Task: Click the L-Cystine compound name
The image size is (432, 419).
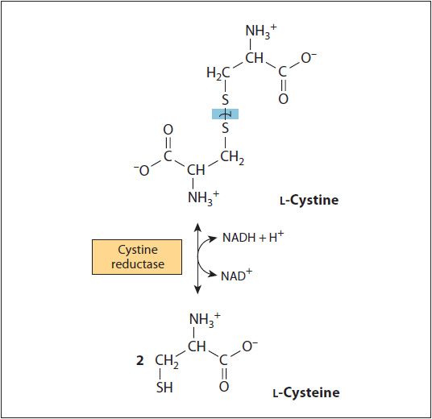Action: (309, 200)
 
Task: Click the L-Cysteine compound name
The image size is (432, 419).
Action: (306, 392)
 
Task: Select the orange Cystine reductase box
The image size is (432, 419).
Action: (137, 257)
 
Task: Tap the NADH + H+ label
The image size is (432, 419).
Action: (253, 237)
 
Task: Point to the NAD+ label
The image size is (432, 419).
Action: (236, 276)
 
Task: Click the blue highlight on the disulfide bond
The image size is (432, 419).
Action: (225, 114)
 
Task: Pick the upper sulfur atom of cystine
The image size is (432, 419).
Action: (226, 100)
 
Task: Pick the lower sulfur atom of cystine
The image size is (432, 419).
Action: (226, 128)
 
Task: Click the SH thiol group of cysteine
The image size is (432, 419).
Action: (164, 388)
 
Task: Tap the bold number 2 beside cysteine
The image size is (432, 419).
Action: (140, 360)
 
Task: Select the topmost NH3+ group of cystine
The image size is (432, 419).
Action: (261, 31)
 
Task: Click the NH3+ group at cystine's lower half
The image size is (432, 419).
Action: (203, 198)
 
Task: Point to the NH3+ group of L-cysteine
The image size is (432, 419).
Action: (205, 321)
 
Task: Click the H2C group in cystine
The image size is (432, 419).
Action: (218, 74)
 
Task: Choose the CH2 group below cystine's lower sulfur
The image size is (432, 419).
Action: (232, 158)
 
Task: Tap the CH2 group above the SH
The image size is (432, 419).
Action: (167, 362)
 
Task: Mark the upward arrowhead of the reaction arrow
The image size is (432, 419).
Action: (197, 226)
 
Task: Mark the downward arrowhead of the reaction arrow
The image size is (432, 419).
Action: (197, 290)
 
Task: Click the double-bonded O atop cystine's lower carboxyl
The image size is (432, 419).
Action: (168, 130)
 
